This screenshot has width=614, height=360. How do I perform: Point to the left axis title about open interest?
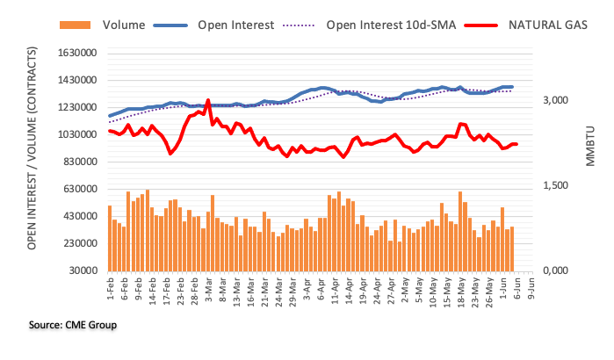pyautogui.click(x=32, y=162)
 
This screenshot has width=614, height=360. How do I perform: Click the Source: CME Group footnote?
pyautogui.click(x=73, y=325)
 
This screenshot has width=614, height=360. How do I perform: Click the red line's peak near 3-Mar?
pyautogui.click(x=208, y=100)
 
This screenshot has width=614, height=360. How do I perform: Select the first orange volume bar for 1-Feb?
pyautogui.click(x=110, y=238)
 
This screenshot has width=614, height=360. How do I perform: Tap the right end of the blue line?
pyautogui.click(x=513, y=87)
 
